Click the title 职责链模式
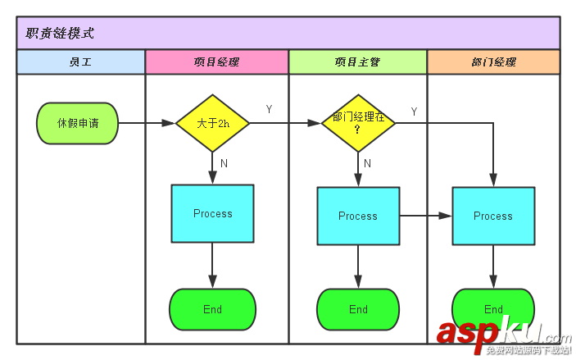(x=60, y=34)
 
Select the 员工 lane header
(x=80, y=62)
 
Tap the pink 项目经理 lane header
(x=216, y=62)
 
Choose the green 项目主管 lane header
(x=357, y=62)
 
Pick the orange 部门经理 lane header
(x=493, y=62)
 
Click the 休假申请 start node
(x=78, y=123)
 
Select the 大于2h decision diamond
(x=213, y=123)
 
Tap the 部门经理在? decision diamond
(x=358, y=123)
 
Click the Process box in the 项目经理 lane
(x=213, y=213)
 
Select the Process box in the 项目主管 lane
(x=358, y=216)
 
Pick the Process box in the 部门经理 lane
(x=493, y=216)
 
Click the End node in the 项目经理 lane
(x=213, y=309)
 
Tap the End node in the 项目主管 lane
(x=358, y=309)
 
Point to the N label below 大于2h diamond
(x=224, y=163)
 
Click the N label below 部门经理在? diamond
(x=367, y=163)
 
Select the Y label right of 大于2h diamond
(x=270, y=109)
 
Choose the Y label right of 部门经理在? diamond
(x=414, y=112)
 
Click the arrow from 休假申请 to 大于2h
(x=147, y=123)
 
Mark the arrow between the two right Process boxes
(x=426, y=216)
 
